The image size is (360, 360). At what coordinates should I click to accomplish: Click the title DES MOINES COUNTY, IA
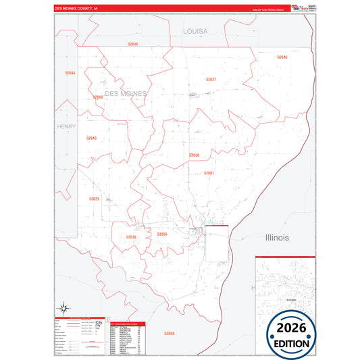pos(76,9)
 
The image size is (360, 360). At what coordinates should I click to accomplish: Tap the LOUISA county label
pos(196,31)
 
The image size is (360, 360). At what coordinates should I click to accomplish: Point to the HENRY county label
pos(67,126)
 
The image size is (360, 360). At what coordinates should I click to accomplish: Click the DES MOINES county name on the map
pos(126,93)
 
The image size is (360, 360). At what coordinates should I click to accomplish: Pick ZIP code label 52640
pos(132,44)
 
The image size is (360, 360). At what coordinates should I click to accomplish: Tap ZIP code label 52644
pos(71,72)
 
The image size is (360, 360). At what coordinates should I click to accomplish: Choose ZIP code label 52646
pos(282,57)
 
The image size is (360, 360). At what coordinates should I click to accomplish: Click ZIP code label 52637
pos(211,79)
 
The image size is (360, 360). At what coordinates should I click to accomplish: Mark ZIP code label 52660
pos(98,97)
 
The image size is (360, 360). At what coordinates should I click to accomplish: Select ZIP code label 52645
pos(92,138)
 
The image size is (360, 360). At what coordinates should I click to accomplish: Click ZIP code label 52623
pos(94,199)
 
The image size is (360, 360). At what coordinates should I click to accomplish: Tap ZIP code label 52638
pos(131,237)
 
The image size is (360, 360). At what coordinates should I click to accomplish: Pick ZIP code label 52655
pos(162,234)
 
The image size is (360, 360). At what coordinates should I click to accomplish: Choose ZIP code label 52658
pos(169,333)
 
